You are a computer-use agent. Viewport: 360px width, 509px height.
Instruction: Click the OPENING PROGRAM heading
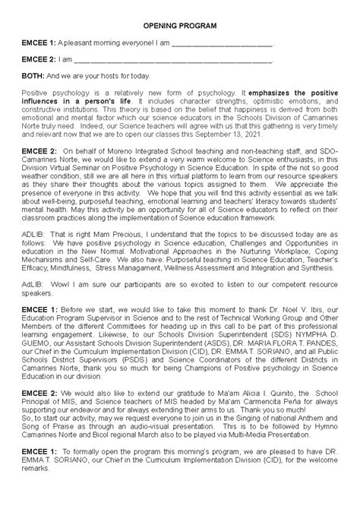coord(179,26)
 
